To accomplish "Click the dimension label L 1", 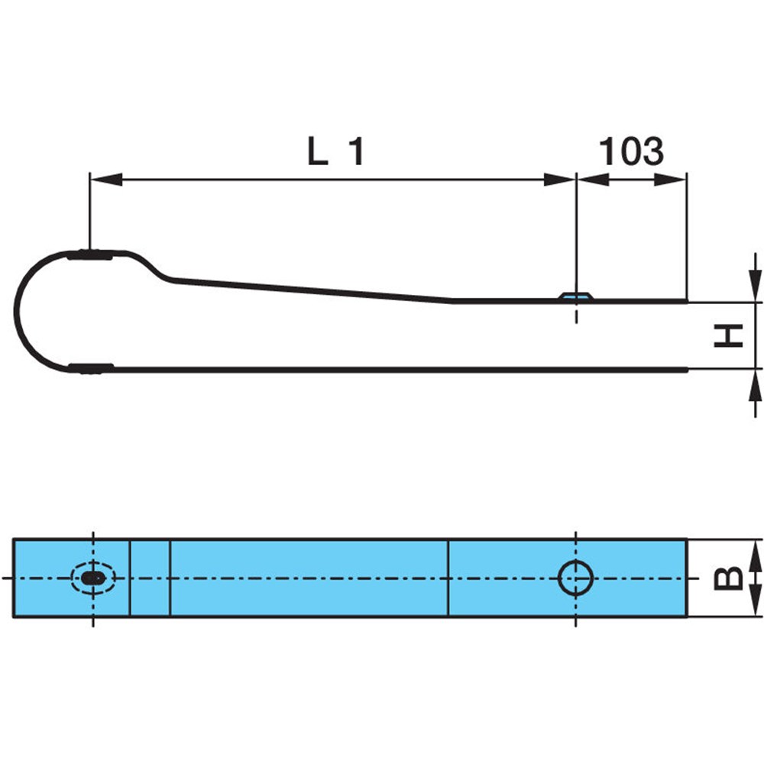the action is [335, 151].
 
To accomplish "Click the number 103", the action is [631, 151].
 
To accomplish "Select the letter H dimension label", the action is [728, 335].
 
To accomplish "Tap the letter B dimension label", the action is [728, 578].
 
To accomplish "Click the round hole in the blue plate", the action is [575, 578].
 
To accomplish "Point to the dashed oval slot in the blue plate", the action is [93, 578].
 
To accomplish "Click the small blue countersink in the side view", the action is [576, 296].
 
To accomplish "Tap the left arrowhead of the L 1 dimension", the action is [106, 180].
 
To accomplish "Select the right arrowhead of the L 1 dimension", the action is [560, 180].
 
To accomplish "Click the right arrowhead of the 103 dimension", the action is [670, 180].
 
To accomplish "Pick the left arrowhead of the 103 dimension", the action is [593, 180].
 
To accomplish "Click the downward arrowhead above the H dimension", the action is [756, 286].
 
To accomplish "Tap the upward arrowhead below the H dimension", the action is [756, 385].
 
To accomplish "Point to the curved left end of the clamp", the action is [17, 312].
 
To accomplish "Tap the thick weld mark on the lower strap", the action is [91, 368].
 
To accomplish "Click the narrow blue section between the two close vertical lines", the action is [150, 578].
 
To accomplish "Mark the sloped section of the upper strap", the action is [312, 291].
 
